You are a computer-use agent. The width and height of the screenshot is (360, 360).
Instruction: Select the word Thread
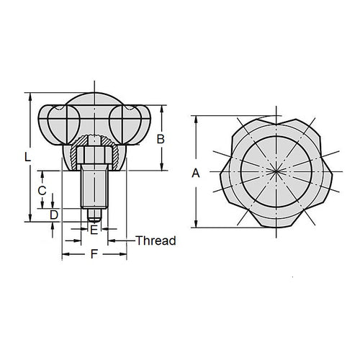156,240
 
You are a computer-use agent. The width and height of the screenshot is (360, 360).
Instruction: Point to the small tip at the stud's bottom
93,214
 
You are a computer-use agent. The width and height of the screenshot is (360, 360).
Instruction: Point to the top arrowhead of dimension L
29,95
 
